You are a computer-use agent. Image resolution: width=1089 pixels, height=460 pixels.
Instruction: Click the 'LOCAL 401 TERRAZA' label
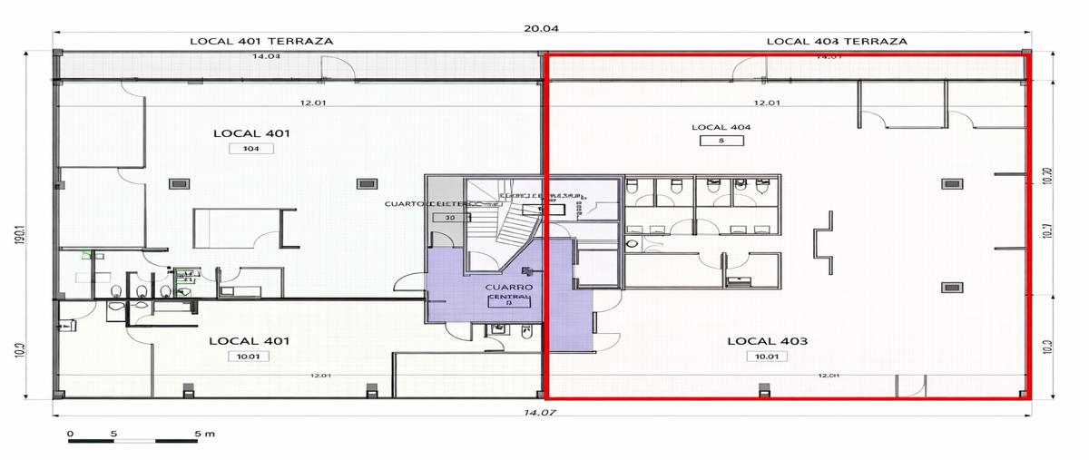pyautogui.click(x=260, y=41)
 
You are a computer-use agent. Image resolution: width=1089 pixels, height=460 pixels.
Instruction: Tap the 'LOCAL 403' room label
pyautogui.click(x=767, y=341)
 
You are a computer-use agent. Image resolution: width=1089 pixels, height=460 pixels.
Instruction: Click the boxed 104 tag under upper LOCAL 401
pyautogui.click(x=250, y=149)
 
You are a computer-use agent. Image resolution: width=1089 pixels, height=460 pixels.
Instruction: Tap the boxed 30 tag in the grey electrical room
pyautogui.click(x=447, y=219)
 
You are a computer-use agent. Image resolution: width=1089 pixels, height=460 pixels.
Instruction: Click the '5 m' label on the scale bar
pyautogui.click(x=203, y=434)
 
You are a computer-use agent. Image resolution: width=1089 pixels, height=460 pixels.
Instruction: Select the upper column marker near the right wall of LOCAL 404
pyautogui.click(x=950, y=182)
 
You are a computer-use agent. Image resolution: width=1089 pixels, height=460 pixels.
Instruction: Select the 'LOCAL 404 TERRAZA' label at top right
pyautogui.click(x=836, y=41)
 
